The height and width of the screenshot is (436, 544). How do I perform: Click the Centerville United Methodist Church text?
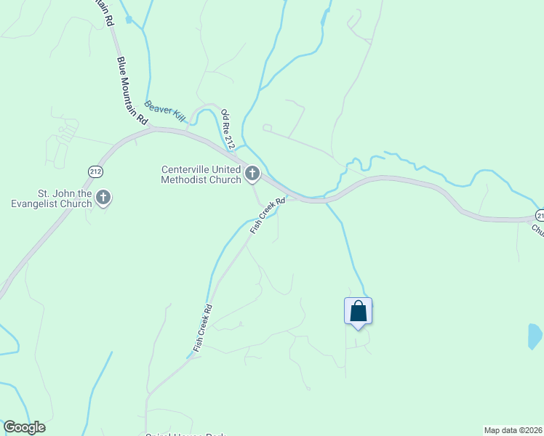(x=201, y=174)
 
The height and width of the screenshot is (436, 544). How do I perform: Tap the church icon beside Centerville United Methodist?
(x=252, y=174)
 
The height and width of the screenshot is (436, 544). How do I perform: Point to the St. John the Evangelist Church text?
(x=65, y=198)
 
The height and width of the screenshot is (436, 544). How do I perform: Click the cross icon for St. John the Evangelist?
(x=103, y=198)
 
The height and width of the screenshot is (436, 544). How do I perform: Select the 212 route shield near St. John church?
(x=96, y=171)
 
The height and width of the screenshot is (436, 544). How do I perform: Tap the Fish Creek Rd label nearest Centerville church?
(x=267, y=216)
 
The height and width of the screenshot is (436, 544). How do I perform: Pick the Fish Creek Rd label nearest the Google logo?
(x=202, y=329)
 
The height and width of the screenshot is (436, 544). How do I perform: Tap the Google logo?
(x=24, y=427)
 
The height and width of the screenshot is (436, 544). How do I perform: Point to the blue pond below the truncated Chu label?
(x=535, y=336)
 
